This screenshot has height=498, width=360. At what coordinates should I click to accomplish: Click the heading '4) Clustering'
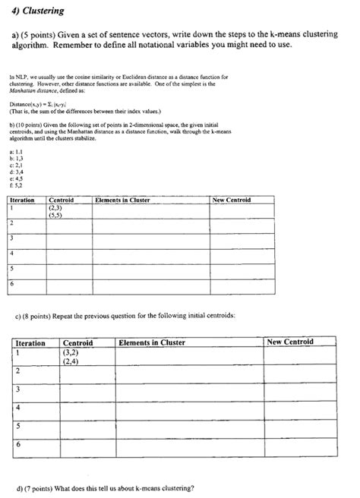[x=37, y=11]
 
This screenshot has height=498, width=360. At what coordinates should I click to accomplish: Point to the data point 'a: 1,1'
[x=15, y=153]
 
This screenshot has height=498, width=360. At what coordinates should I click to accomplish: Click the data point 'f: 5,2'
[x=15, y=184]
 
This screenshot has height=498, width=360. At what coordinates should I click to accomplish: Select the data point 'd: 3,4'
[x=15, y=172]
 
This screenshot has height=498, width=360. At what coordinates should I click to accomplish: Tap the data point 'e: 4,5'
[x=15, y=178]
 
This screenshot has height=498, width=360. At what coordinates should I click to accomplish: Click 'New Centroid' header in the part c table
[x=289, y=342]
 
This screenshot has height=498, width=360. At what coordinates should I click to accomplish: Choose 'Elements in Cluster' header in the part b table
[x=122, y=200]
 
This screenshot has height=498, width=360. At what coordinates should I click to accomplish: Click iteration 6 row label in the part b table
[x=12, y=283]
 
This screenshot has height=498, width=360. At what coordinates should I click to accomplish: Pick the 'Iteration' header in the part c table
[x=31, y=342]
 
